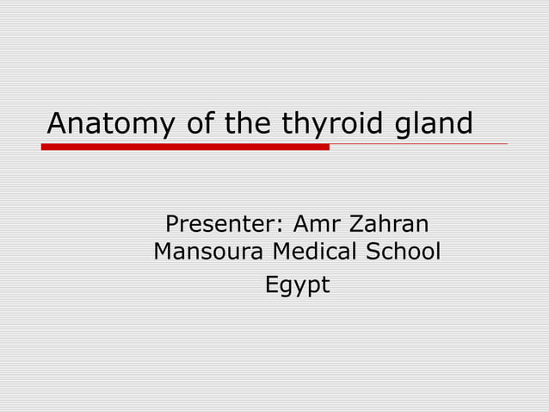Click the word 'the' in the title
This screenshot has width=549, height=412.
click(x=249, y=124)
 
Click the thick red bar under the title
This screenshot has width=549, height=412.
click(x=185, y=147)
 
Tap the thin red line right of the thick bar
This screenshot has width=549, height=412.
click(x=418, y=145)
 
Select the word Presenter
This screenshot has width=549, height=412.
click(x=220, y=225)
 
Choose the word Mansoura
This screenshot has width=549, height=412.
click(x=207, y=253)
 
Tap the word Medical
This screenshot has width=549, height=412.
click(x=314, y=253)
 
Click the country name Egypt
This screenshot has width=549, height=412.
click(x=297, y=284)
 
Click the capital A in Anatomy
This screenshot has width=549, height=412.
click(x=57, y=124)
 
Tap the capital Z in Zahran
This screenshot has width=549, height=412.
click(x=357, y=225)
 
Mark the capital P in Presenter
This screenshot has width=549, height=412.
click(x=172, y=225)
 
